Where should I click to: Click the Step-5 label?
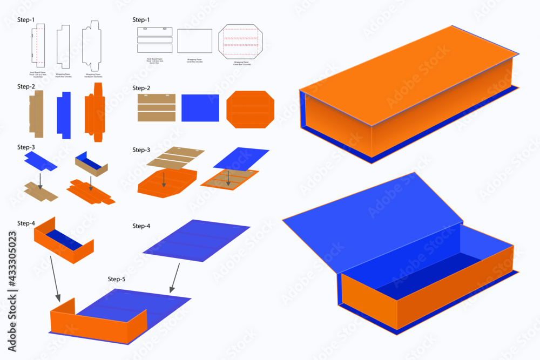point(116,279)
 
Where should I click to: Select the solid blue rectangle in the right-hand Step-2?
point(200,107)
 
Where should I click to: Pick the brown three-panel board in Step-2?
point(157,108)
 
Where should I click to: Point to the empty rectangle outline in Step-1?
point(195,41)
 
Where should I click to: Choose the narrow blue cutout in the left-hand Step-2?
point(63,112)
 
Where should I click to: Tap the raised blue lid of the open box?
point(373,221)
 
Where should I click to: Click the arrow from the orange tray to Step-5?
point(55,278)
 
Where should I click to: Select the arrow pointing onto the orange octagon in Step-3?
point(164,180)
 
